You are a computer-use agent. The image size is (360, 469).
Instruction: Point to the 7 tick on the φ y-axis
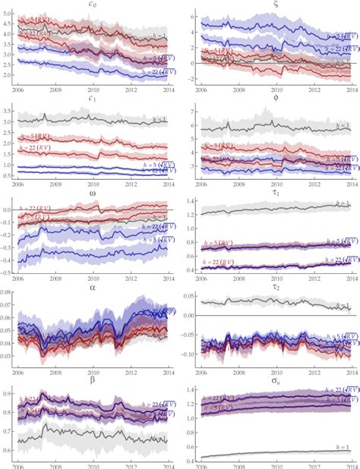pos(188,112)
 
